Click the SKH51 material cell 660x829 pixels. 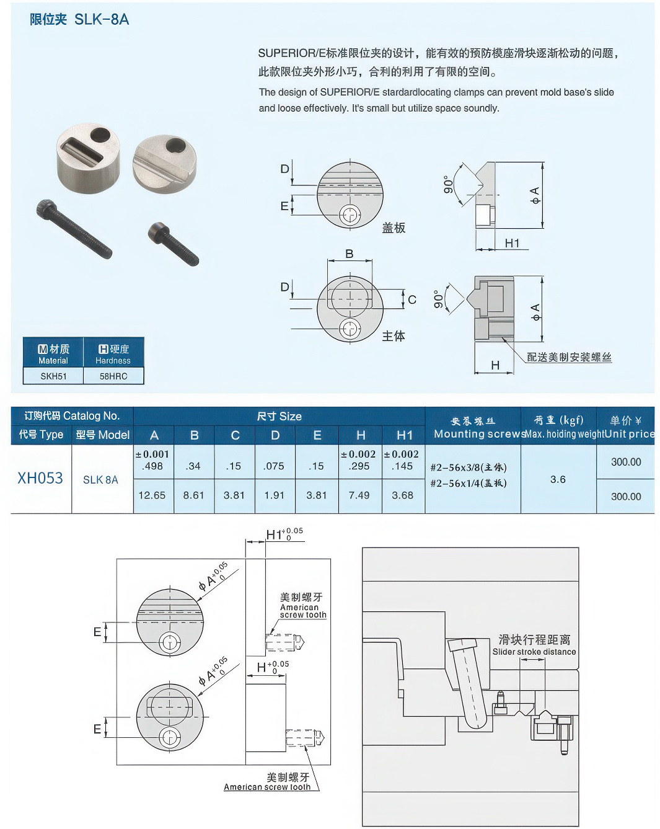click(x=53, y=376)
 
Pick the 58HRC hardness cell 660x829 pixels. click(x=113, y=376)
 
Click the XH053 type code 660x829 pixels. click(x=40, y=478)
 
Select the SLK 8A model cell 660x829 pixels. click(x=100, y=479)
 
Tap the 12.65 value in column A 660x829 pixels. click(x=152, y=495)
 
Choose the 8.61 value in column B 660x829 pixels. click(x=194, y=495)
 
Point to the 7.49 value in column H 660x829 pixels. click(x=359, y=495)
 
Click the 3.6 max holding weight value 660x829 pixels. click(x=558, y=479)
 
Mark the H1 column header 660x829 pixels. click(x=404, y=435)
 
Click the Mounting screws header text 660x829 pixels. click(x=479, y=434)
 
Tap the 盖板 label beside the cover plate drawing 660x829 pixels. click(x=394, y=228)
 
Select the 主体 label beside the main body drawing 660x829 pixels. click(x=394, y=336)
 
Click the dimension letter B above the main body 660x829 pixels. click(x=350, y=254)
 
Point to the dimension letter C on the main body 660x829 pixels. click(x=412, y=300)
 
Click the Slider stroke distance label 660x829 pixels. click(x=534, y=652)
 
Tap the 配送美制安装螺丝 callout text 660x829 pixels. click(x=569, y=357)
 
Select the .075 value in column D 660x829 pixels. click(x=275, y=466)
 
